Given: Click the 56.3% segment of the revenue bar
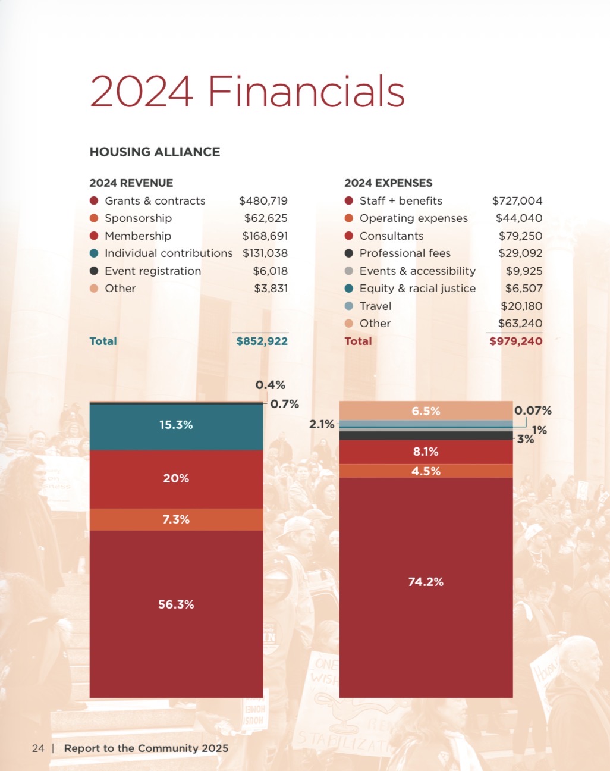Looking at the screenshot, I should (x=176, y=613).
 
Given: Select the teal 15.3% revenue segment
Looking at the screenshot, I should (x=176, y=426).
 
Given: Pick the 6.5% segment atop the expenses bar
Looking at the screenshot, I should (x=426, y=411).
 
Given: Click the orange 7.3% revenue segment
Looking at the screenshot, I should (x=176, y=519).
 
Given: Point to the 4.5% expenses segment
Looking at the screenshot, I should (x=426, y=471).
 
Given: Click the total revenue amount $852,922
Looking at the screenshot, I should (x=262, y=341).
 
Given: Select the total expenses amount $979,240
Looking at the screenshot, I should (x=515, y=341).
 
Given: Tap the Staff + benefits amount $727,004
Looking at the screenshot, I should (x=517, y=201).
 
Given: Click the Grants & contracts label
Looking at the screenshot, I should (x=155, y=201).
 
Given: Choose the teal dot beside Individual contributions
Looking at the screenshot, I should (x=94, y=253).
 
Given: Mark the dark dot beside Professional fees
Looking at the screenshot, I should (x=349, y=253).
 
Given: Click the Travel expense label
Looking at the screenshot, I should (x=375, y=306).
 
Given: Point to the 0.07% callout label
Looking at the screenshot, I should (x=533, y=411).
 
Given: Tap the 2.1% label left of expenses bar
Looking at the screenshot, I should (x=322, y=424).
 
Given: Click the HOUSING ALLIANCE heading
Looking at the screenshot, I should (x=155, y=152).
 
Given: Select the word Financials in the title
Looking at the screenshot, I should (x=306, y=92).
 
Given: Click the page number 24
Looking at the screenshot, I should (x=38, y=748).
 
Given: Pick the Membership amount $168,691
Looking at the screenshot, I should (x=265, y=236).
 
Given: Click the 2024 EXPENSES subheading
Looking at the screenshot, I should (x=388, y=183).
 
